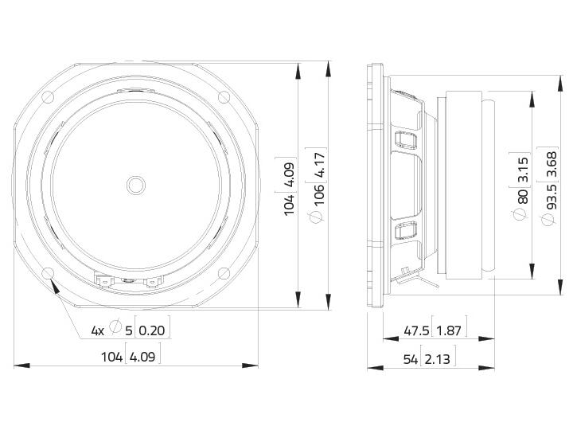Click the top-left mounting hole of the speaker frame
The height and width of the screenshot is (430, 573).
(48, 97)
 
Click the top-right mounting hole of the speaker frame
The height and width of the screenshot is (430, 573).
(224, 97)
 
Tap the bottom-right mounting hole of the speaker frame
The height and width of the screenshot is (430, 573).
(224, 273)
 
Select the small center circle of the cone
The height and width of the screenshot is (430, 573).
(136, 185)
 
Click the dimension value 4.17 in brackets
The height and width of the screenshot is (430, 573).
(319, 166)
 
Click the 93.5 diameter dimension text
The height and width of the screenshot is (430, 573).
(552, 197)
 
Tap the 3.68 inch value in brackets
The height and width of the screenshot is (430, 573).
(552, 164)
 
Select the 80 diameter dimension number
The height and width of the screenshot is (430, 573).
(523, 197)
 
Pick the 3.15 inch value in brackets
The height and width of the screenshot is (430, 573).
(523, 170)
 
